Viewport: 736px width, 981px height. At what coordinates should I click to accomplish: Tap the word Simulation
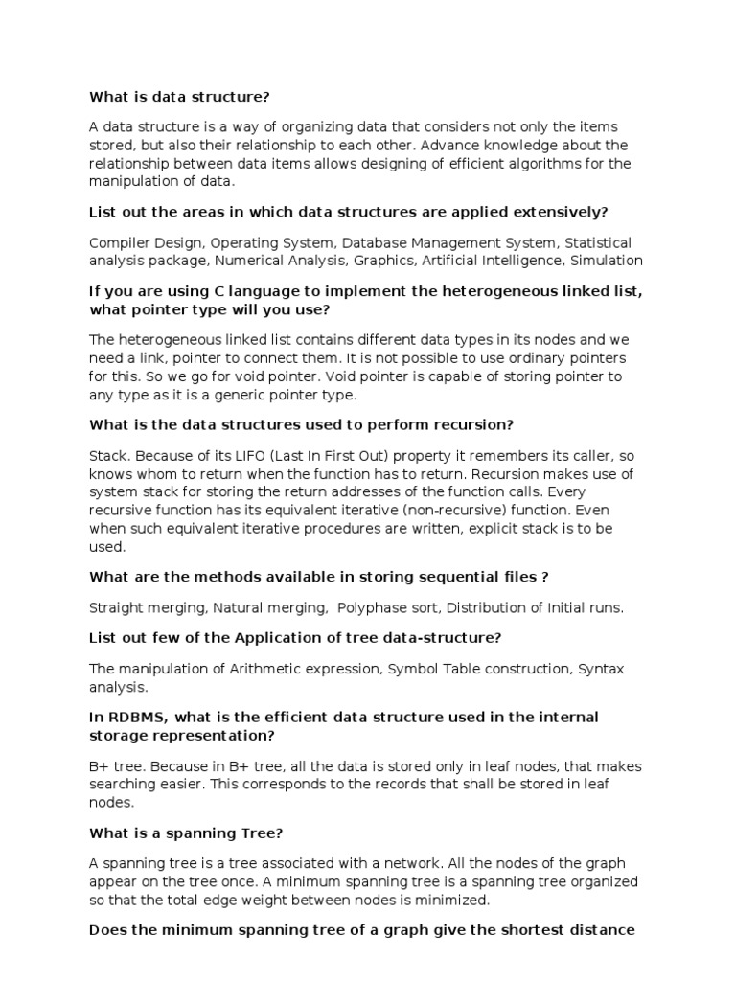point(606,260)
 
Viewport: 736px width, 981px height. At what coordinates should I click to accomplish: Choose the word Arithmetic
point(266,669)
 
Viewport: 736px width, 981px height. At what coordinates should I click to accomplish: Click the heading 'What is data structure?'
point(180,96)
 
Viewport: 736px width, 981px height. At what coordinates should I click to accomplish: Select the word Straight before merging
point(119,606)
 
